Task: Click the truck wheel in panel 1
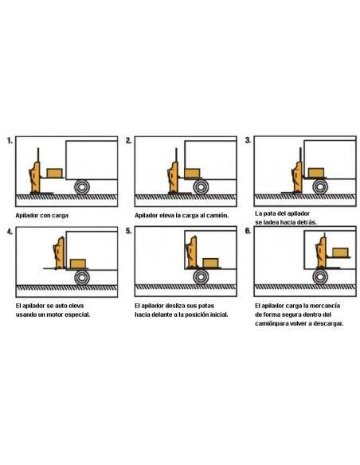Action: pyautogui.click(x=82, y=187)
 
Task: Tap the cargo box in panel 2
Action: pyautogui.click(x=192, y=174)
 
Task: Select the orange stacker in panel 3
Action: pyautogui.click(x=297, y=178)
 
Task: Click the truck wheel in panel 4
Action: pyautogui.click(x=82, y=277)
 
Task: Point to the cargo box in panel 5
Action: pyautogui.click(x=210, y=263)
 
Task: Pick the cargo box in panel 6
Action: pyautogui.click(x=340, y=252)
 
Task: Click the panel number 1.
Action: pyautogui.click(x=10, y=141)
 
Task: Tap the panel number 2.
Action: pyautogui.click(x=128, y=141)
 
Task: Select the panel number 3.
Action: pyautogui.click(x=248, y=140)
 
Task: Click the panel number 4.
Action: pyautogui.click(x=10, y=232)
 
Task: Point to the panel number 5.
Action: pyautogui.click(x=128, y=231)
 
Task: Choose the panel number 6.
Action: pyautogui.click(x=248, y=231)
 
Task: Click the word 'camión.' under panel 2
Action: pyautogui.click(x=217, y=215)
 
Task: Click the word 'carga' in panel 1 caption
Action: pyautogui.click(x=61, y=216)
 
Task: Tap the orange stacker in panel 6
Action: pyautogui.click(x=321, y=252)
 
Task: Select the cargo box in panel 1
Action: pyautogui.click(x=55, y=174)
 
